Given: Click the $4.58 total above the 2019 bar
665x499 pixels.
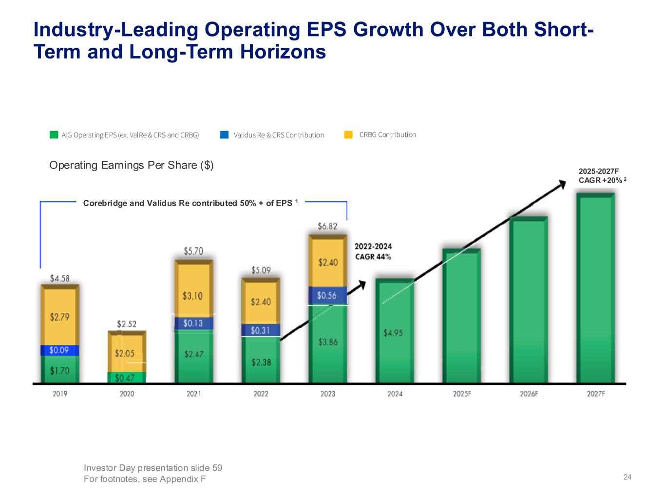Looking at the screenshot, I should (x=60, y=278).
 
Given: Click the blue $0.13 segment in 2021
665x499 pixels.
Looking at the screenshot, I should (x=194, y=323).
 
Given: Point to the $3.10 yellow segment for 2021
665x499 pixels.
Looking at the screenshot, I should (x=194, y=296).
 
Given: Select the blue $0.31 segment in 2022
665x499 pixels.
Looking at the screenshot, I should (x=261, y=330).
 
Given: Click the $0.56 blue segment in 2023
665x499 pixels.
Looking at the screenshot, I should (x=328, y=295).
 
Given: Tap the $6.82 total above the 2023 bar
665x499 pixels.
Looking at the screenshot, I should (x=327, y=226).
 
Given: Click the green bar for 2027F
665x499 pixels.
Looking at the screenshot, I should (x=595, y=288).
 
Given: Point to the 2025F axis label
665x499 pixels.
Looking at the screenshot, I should (x=462, y=394).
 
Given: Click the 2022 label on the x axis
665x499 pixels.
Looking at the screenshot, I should (x=261, y=394).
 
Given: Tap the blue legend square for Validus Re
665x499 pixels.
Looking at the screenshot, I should (x=224, y=135).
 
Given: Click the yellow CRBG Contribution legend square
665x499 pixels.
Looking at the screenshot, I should (x=348, y=135).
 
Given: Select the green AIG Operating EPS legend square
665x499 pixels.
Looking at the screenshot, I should (x=54, y=135).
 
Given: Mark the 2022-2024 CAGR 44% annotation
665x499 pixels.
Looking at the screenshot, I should (x=373, y=251).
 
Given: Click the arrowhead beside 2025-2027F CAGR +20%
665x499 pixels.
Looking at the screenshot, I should (x=562, y=184).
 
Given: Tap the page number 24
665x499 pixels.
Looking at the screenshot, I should (x=627, y=477).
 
